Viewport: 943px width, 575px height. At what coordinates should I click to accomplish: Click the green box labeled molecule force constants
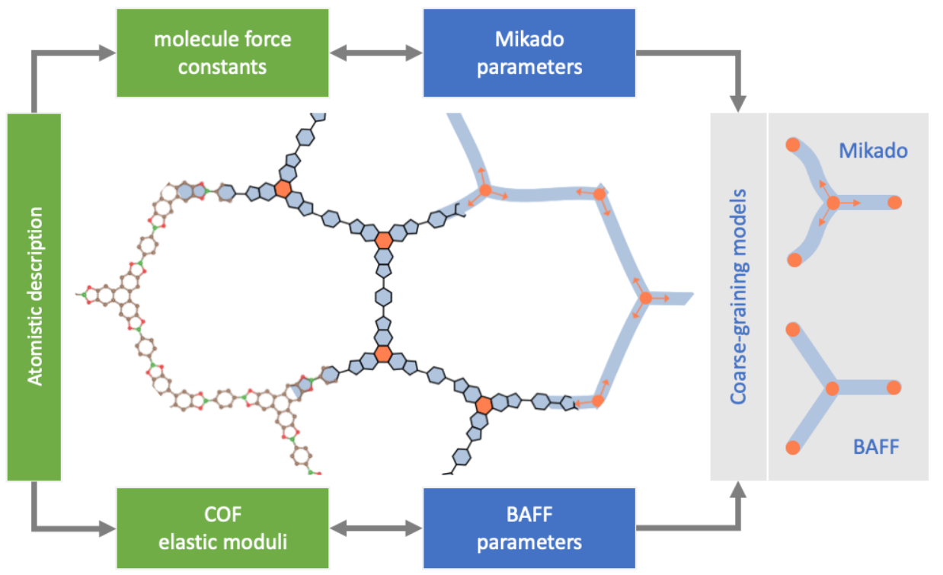click(x=222, y=53)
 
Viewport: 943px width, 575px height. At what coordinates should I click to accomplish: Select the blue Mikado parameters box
click(x=529, y=53)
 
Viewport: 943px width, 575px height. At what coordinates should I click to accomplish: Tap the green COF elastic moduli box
click(x=222, y=528)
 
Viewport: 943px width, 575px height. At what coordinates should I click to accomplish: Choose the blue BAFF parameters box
click(x=529, y=528)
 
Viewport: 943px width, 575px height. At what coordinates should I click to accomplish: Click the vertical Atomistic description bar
click(x=34, y=297)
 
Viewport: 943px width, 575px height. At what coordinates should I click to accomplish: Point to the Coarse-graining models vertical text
click(x=738, y=297)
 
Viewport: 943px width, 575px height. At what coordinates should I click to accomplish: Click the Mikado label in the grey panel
click(x=873, y=151)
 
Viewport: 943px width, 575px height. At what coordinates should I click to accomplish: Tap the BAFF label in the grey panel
click(x=876, y=446)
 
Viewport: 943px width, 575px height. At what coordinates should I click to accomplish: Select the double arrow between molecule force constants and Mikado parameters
click(x=376, y=53)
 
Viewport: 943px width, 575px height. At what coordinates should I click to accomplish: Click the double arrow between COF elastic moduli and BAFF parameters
click(x=376, y=529)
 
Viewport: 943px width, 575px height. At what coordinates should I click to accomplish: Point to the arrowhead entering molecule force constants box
click(x=107, y=53)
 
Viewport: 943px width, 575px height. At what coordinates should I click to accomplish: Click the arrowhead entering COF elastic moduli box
click(x=107, y=529)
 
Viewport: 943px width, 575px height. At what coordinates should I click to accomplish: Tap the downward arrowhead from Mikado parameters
click(x=738, y=104)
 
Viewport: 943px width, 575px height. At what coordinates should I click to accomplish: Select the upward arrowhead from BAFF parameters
click(x=738, y=490)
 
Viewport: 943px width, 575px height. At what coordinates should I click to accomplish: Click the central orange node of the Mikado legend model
click(x=833, y=203)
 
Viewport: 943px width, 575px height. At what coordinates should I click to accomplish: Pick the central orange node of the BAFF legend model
click(x=833, y=388)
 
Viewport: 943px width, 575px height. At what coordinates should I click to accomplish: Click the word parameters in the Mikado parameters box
click(x=529, y=67)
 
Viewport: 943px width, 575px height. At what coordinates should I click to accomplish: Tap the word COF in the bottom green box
click(x=222, y=514)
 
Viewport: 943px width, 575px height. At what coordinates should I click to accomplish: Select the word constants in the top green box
click(x=222, y=67)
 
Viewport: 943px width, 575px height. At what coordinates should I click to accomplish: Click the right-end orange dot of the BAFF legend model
click(x=893, y=388)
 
